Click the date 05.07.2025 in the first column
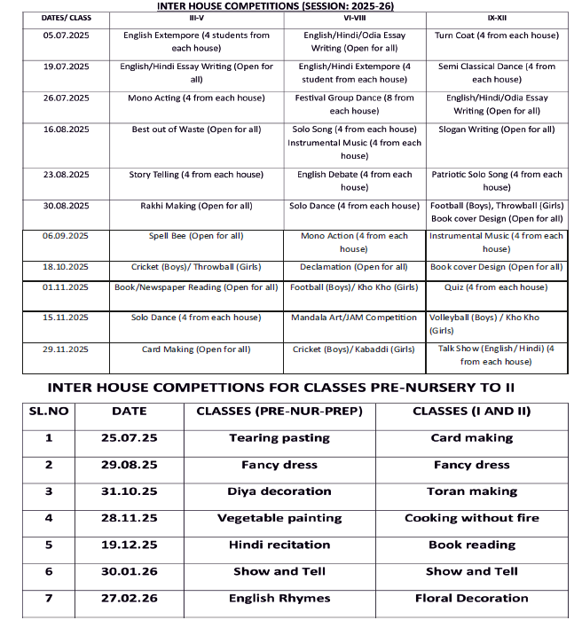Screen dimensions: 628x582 67,35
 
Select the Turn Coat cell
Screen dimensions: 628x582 497,35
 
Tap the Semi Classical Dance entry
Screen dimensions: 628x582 497,73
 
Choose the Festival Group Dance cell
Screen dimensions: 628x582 354,105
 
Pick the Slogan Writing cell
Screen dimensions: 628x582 497,130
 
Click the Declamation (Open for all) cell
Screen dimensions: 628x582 354,267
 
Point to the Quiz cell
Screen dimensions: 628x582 497,287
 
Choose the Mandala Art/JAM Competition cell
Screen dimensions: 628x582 354,318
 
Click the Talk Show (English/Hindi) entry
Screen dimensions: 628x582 497,355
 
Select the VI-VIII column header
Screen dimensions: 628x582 354,18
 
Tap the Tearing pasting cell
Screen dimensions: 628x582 279,438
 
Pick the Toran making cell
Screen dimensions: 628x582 472,491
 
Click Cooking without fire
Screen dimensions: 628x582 472,518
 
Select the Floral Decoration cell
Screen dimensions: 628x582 472,598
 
